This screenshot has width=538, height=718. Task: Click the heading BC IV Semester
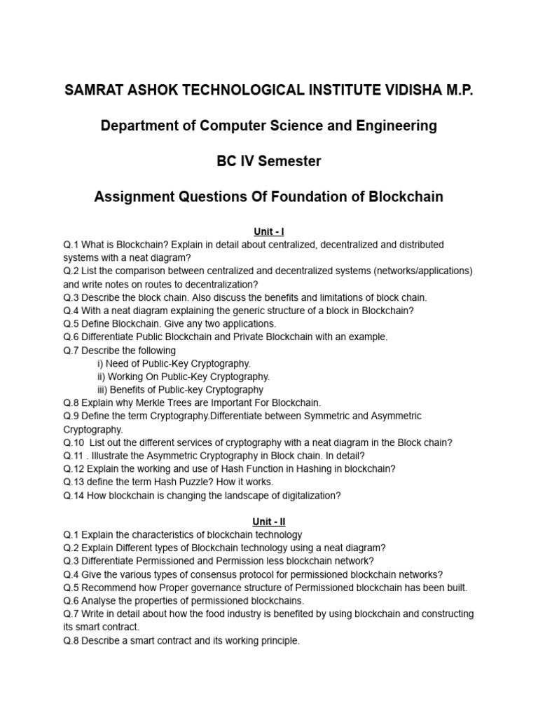coord(269,161)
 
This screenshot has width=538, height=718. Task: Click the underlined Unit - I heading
coord(269,231)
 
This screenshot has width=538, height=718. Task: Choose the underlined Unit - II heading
coord(269,522)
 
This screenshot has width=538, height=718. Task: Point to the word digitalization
coord(307,496)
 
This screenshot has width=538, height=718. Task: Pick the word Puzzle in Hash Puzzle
coord(191,482)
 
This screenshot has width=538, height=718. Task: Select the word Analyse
coord(99,601)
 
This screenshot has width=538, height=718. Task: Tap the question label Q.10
coord(74,442)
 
